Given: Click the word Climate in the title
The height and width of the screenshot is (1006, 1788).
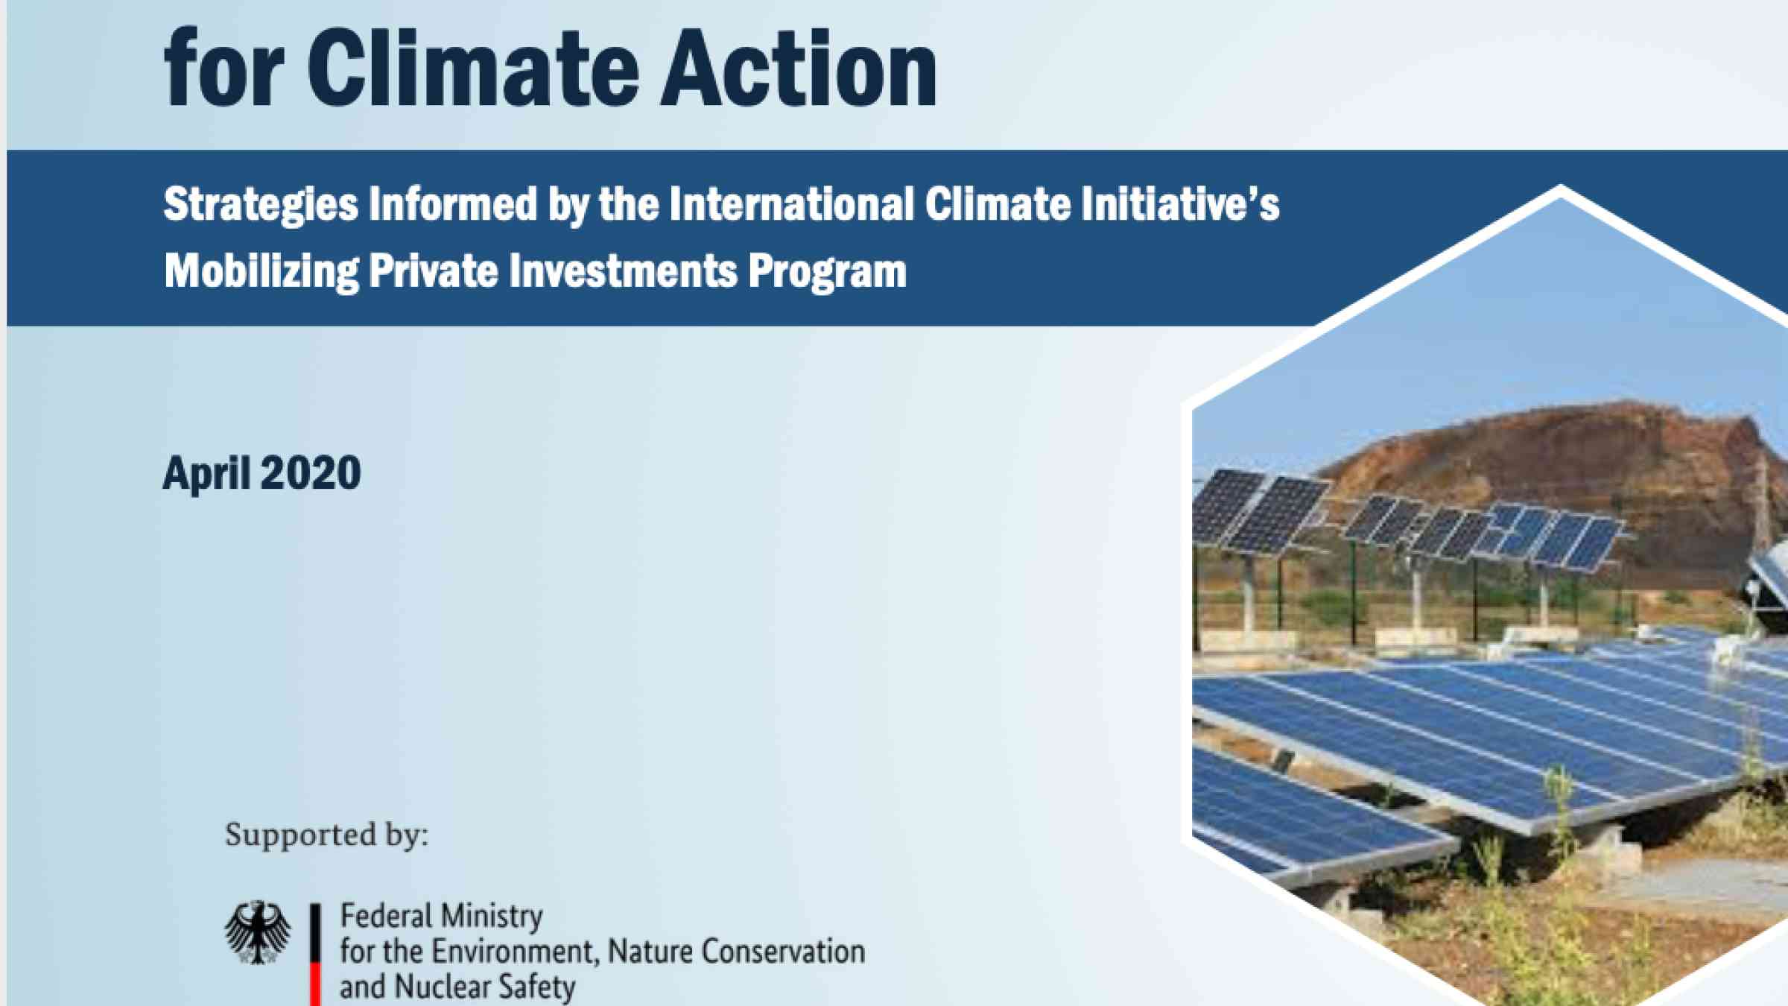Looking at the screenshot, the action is click(x=473, y=69).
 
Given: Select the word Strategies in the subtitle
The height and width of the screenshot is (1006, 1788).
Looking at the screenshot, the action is click(x=261, y=206).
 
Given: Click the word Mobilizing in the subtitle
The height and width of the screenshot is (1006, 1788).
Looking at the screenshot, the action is click(x=261, y=271).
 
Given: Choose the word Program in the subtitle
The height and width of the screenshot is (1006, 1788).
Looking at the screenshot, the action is click(x=827, y=272).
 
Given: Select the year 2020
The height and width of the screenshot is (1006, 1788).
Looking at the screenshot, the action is click(x=311, y=472).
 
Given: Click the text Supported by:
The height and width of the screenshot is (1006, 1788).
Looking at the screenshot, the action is click(x=327, y=835).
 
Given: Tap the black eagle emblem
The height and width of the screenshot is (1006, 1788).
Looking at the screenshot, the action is click(x=258, y=932).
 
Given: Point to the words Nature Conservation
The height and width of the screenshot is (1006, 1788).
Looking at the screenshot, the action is click(x=736, y=952).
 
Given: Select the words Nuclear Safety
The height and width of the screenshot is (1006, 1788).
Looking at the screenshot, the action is click(x=484, y=987).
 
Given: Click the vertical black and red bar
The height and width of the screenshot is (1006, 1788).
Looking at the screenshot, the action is click(x=316, y=955).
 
